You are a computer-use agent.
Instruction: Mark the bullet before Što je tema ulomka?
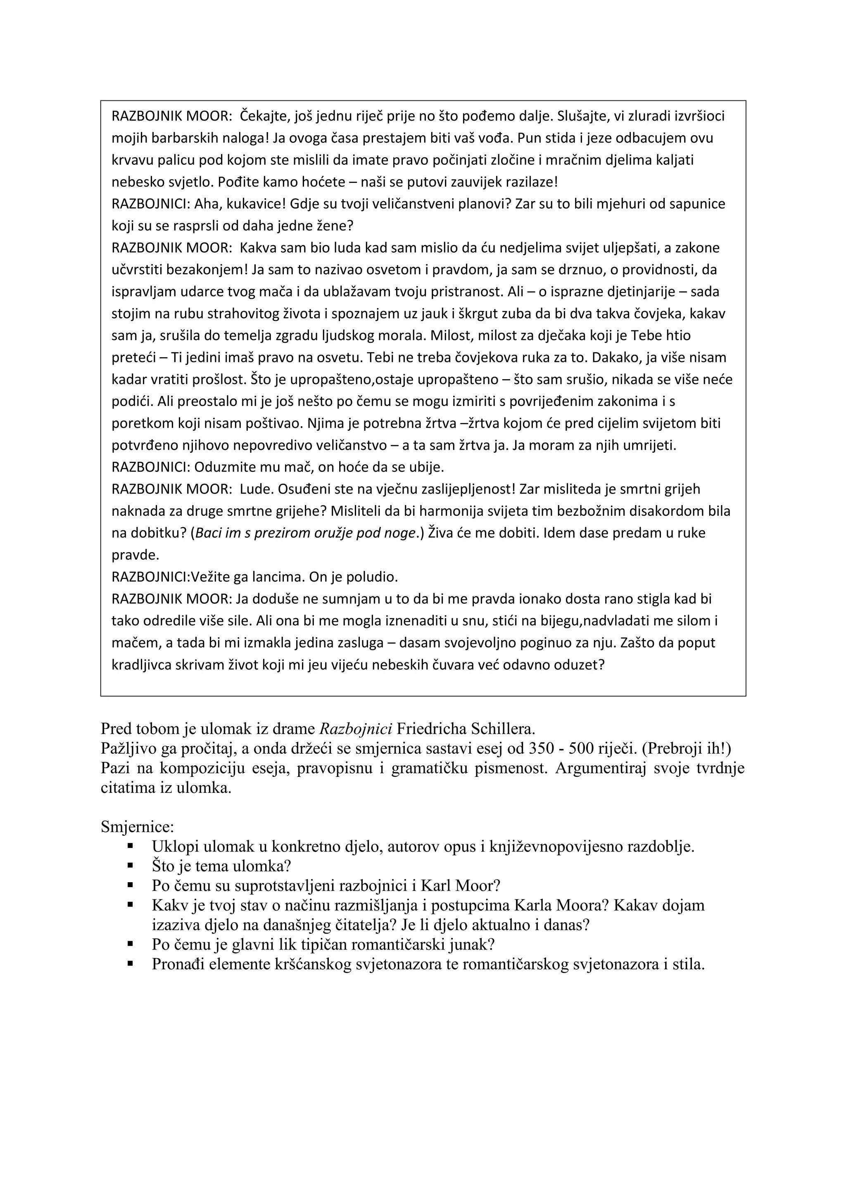tap(131, 865)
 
